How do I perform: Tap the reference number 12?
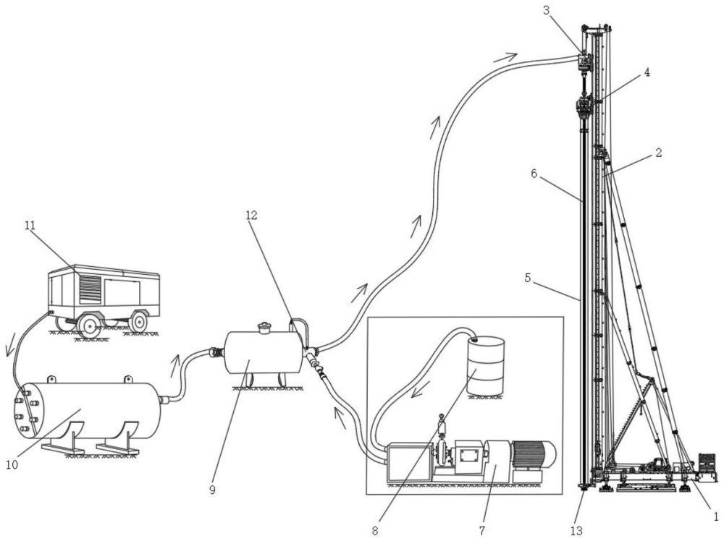click(251, 215)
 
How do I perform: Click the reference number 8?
click(374, 530)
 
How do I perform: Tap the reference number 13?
click(576, 531)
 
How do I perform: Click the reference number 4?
click(646, 72)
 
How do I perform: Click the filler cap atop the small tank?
click(264, 328)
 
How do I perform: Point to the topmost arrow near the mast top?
click(505, 56)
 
